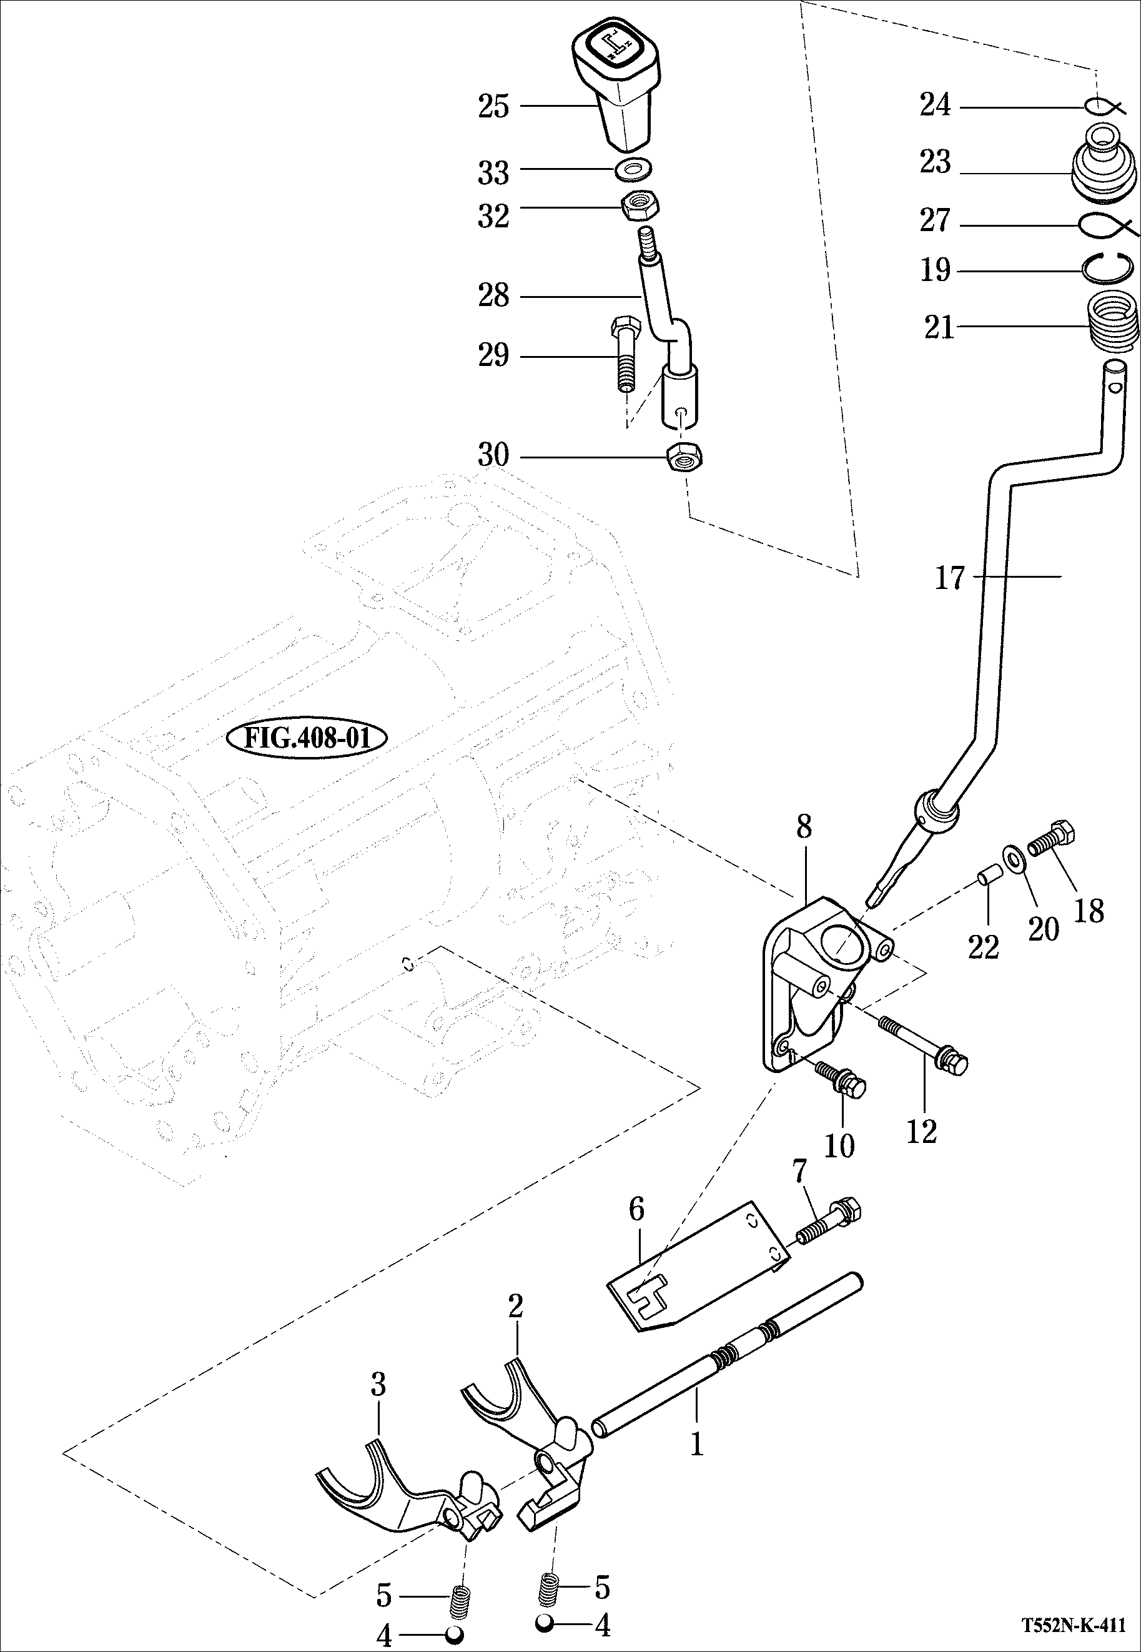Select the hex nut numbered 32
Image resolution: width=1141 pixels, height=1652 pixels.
639,208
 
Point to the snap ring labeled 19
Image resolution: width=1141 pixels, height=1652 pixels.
1107,269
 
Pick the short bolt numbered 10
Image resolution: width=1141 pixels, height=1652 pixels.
843,1078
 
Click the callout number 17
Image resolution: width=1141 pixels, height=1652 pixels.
950,578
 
